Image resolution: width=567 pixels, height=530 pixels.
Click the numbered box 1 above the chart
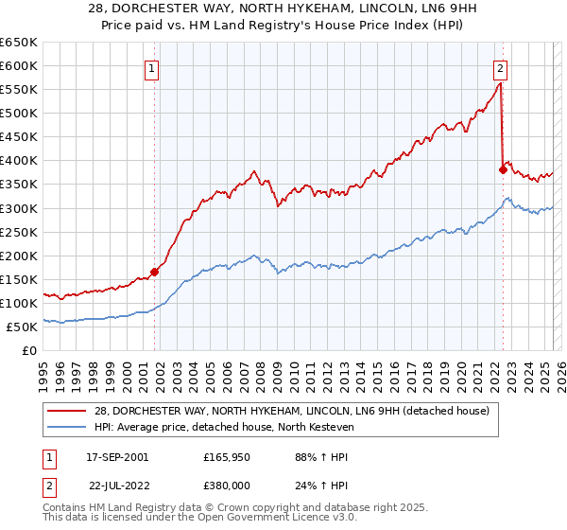coord(151,67)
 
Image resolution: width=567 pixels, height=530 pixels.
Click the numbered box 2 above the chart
coord(500,67)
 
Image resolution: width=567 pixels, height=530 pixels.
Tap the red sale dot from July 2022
coord(503,169)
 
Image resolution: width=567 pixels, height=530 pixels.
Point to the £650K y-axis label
coord(19,43)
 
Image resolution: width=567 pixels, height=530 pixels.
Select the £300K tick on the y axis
coord(19,208)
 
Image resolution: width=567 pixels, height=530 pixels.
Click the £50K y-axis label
coord(22,327)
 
